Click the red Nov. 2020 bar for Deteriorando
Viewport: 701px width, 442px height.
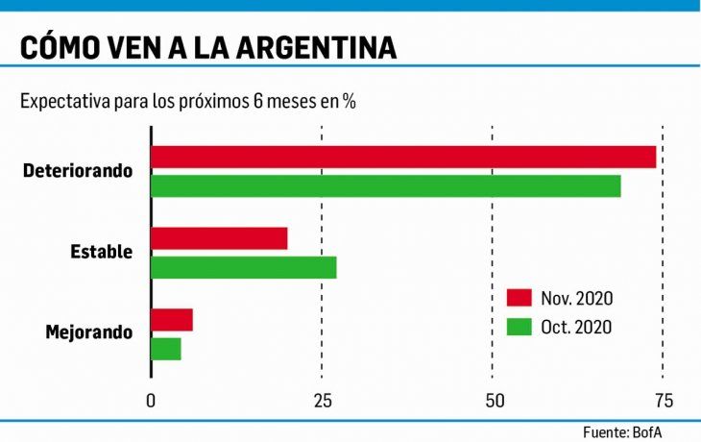[x=403, y=157]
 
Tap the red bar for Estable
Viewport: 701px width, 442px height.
[x=219, y=238]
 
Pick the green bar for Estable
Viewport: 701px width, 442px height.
[x=244, y=267]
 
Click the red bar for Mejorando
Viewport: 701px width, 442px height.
[x=172, y=320]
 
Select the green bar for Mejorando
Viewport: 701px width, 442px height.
[x=166, y=349]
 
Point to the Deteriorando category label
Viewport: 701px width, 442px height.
[x=79, y=171]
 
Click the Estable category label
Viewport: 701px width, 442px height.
[x=102, y=253]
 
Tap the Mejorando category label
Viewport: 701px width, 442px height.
[x=89, y=333]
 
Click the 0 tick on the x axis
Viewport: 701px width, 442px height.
[x=151, y=400]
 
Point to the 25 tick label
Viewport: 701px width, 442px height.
[x=321, y=400]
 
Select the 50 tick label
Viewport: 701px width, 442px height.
[x=492, y=400]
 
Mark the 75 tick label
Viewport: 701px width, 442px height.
[x=663, y=400]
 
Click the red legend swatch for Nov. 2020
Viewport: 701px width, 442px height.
[x=520, y=298]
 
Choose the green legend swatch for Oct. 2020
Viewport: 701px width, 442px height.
[x=520, y=327]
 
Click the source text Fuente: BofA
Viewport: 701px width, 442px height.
[x=621, y=431]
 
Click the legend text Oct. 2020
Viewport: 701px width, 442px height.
[x=576, y=327]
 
